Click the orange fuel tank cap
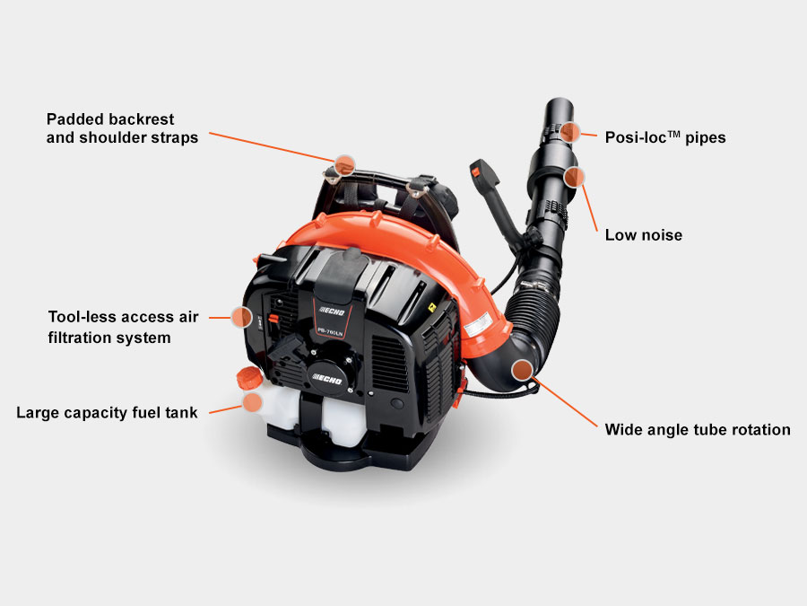pos(249,378)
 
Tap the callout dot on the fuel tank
pos(252,402)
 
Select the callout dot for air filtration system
pos(241,317)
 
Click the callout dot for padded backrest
pos(344,165)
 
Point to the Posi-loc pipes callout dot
pos(569,133)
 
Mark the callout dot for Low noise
pos(574,177)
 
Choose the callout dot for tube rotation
pos(523,370)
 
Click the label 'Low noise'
pos(643,235)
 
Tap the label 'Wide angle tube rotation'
pos(698,430)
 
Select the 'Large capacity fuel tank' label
pos(107,413)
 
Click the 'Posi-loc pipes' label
pos(665,137)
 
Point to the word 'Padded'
pos(74,119)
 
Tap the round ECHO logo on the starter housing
pos(327,379)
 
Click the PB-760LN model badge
pos(330,332)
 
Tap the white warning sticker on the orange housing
pos(478,325)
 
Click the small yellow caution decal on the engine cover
pos(432,308)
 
